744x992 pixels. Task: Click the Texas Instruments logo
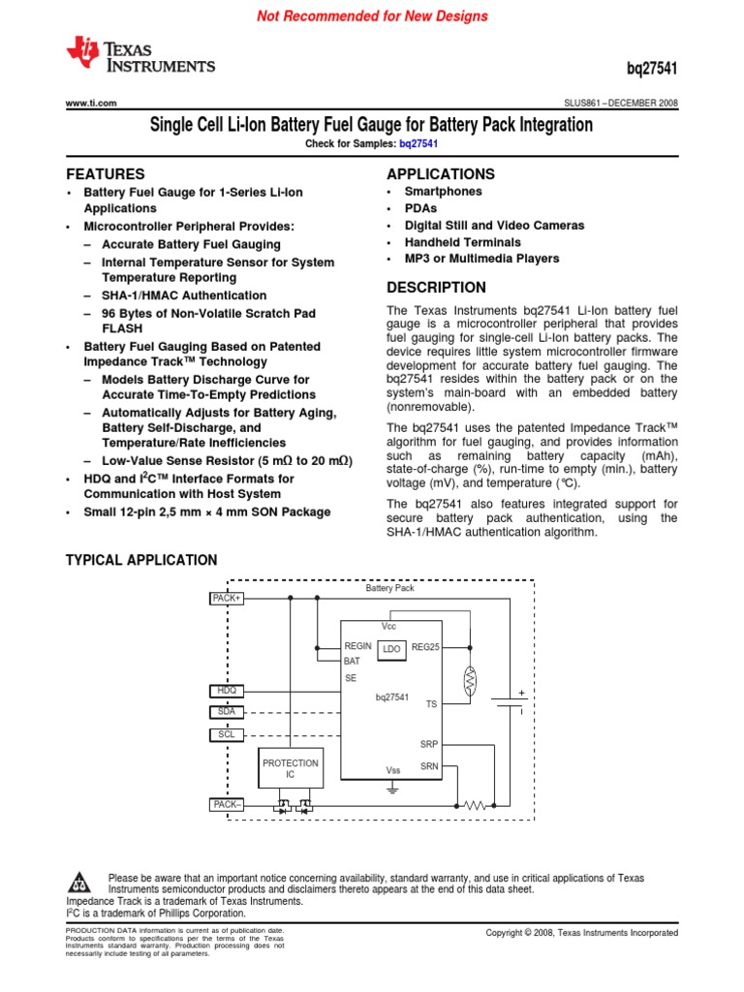(x=140, y=56)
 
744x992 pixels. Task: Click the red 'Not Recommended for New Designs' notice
(x=372, y=16)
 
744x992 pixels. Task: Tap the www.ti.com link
(x=91, y=103)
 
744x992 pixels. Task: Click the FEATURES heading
(x=105, y=174)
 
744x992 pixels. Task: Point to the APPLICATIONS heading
(x=440, y=174)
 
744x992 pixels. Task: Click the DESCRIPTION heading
(x=436, y=288)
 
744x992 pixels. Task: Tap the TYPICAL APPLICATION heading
(x=141, y=560)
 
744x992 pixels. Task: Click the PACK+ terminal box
(x=227, y=599)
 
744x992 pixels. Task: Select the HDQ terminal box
(x=227, y=691)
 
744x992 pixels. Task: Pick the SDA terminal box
(x=227, y=712)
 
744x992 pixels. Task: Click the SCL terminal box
(x=227, y=734)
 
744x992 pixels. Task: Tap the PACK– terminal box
(x=227, y=804)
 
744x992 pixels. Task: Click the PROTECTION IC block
(x=290, y=769)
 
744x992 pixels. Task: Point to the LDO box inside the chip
(x=391, y=648)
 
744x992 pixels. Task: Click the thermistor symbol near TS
(x=470, y=682)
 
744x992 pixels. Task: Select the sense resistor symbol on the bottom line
(x=475, y=805)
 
